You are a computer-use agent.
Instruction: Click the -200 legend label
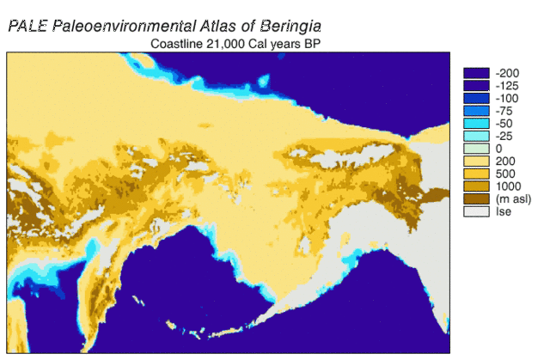508,73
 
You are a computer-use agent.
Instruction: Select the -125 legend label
508,86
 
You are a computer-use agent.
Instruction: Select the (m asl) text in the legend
513,199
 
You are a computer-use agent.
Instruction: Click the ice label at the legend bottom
503,211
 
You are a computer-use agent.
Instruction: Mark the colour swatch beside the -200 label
476,73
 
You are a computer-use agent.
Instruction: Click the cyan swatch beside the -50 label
476,123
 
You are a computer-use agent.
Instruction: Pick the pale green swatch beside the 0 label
476,149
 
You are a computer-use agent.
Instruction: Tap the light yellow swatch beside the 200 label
476,161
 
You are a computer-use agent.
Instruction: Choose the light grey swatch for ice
476,211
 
